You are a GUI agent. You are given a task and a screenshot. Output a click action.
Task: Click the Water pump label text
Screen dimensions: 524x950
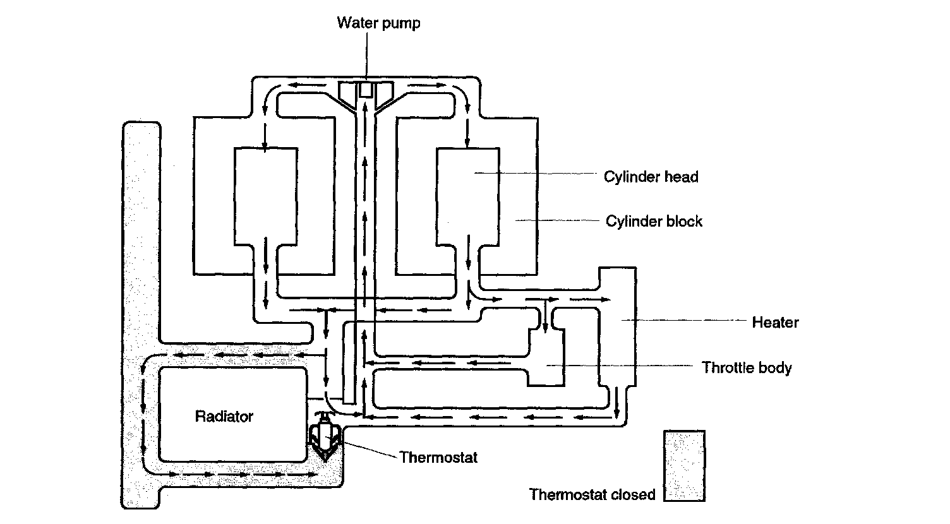point(378,23)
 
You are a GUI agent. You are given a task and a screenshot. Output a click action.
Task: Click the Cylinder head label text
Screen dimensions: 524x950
point(651,177)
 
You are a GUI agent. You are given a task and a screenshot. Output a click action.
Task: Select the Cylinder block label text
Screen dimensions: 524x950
point(654,222)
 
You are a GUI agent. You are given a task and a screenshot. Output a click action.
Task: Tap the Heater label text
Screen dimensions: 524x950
point(775,323)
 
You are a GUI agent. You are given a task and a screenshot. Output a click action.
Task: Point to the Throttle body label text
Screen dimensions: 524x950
point(747,367)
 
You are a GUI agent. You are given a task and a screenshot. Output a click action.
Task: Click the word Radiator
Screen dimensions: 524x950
point(224,417)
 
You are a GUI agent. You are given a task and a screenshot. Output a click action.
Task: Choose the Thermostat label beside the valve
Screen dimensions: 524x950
point(438,457)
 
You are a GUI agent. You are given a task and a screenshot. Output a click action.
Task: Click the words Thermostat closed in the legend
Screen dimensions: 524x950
point(592,494)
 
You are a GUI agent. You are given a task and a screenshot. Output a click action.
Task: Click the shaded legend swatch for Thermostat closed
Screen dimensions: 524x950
point(684,466)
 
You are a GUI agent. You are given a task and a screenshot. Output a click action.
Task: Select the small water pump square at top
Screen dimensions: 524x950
point(366,90)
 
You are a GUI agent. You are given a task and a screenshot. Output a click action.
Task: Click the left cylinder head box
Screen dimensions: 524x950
point(265,196)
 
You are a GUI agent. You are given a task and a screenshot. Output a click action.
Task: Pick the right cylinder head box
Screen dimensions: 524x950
point(467,196)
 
